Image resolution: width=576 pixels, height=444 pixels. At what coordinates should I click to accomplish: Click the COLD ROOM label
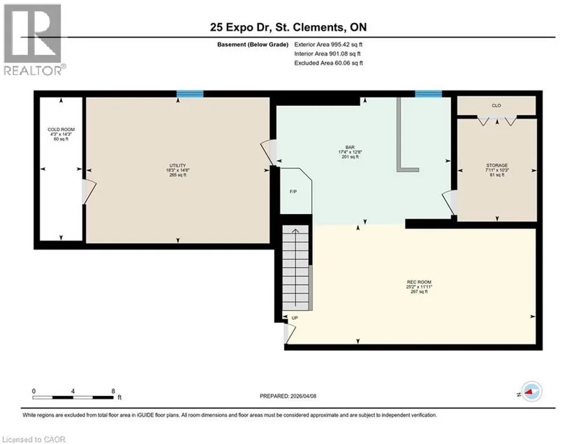(x=61, y=130)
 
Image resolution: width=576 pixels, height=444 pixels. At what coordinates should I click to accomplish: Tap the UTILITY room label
(x=178, y=165)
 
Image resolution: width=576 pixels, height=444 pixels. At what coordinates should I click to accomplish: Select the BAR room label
(x=350, y=147)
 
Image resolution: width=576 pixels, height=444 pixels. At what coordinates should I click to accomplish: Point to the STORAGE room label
(x=497, y=165)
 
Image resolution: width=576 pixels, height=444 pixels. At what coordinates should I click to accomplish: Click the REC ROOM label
(x=419, y=282)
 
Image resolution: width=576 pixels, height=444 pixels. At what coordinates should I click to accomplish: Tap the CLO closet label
(x=496, y=105)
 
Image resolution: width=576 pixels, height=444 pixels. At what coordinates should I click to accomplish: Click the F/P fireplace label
(x=293, y=192)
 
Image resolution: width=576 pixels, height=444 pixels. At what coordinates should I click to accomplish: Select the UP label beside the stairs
(x=295, y=318)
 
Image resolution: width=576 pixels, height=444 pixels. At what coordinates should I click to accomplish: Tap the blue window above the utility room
(x=190, y=94)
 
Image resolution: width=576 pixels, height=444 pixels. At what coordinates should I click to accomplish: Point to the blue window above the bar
(x=428, y=94)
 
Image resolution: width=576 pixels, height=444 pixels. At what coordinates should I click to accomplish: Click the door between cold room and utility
(x=89, y=191)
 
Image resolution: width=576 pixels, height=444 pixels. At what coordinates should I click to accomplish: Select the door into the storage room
(x=450, y=202)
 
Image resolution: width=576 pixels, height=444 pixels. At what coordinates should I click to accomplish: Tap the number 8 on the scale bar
(x=113, y=391)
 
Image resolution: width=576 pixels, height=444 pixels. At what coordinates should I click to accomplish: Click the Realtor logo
(x=34, y=40)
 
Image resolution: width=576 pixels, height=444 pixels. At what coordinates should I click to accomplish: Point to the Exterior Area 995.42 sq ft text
(x=328, y=45)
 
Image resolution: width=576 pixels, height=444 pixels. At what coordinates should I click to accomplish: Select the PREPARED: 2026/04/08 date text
(x=288, y=396)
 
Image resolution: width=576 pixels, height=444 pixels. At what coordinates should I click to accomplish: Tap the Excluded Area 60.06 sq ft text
(x=329, y=63)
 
